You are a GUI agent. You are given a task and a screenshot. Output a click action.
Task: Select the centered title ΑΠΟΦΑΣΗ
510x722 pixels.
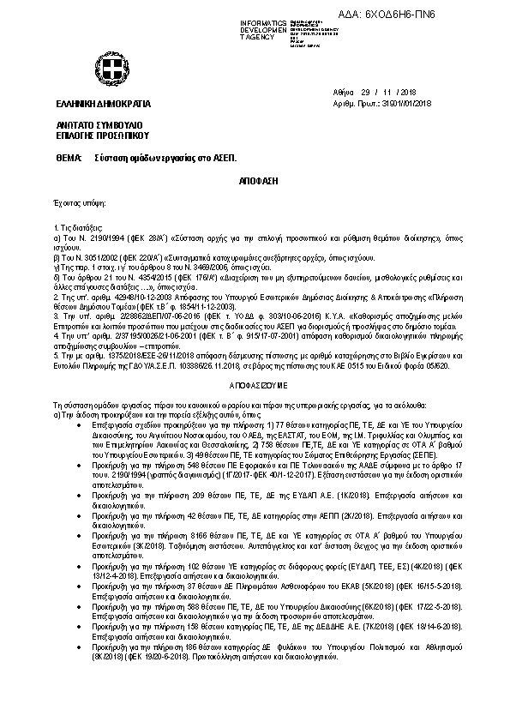point(255,183)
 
